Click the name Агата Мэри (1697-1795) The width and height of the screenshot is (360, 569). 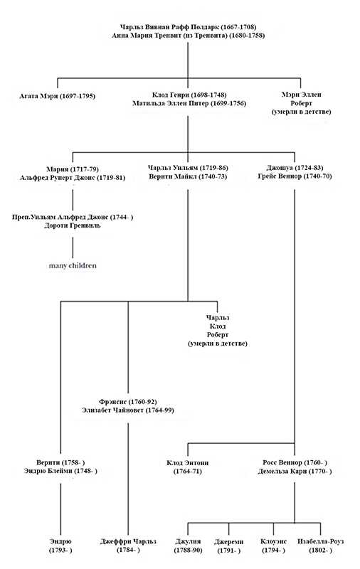tap(58, 95)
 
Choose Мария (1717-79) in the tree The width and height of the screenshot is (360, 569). tap(73, 169)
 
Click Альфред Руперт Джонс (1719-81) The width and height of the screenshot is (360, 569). tap(73, 178)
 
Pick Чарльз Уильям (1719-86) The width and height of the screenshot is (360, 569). tap(188, 169)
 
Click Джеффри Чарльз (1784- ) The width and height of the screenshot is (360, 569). tap(127, 541)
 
